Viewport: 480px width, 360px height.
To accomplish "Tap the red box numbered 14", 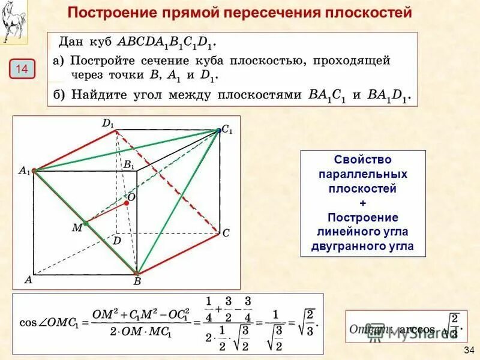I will click(22, 69).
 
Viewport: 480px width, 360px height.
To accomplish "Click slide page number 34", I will click(469, 350).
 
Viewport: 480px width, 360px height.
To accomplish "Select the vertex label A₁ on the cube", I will click(24, 170).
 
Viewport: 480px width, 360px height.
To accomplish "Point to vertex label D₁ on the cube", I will click(108, 124).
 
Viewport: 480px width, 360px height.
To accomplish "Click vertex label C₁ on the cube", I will click(227, 130).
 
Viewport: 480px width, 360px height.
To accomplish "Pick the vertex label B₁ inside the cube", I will click(129, 165).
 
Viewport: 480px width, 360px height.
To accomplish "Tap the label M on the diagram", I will click(77, 228).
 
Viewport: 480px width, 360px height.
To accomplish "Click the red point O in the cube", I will click(127, 203).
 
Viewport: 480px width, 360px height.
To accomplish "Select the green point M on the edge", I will click(86, 223).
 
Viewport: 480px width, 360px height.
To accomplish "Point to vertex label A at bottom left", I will click(28, 279).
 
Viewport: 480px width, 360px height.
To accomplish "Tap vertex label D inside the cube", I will click(117, 240).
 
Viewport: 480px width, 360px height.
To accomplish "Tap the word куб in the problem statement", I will click(99, 43).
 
